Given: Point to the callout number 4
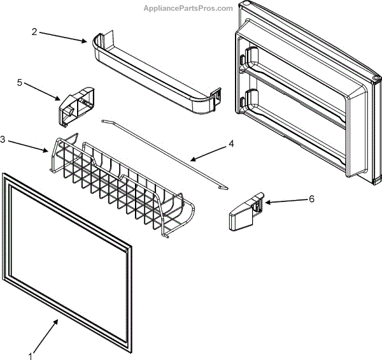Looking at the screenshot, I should (x=231, y=143).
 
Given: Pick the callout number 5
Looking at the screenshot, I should (x=19, y=82).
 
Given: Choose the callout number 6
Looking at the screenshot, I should (x=311, y=199).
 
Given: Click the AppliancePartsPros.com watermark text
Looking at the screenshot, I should (x=188, y=8).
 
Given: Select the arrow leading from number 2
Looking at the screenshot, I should (x=64, y=36).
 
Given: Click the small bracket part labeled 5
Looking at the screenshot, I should (x=74, y=103).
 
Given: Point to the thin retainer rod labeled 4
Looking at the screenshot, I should (x=166, y=153).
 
